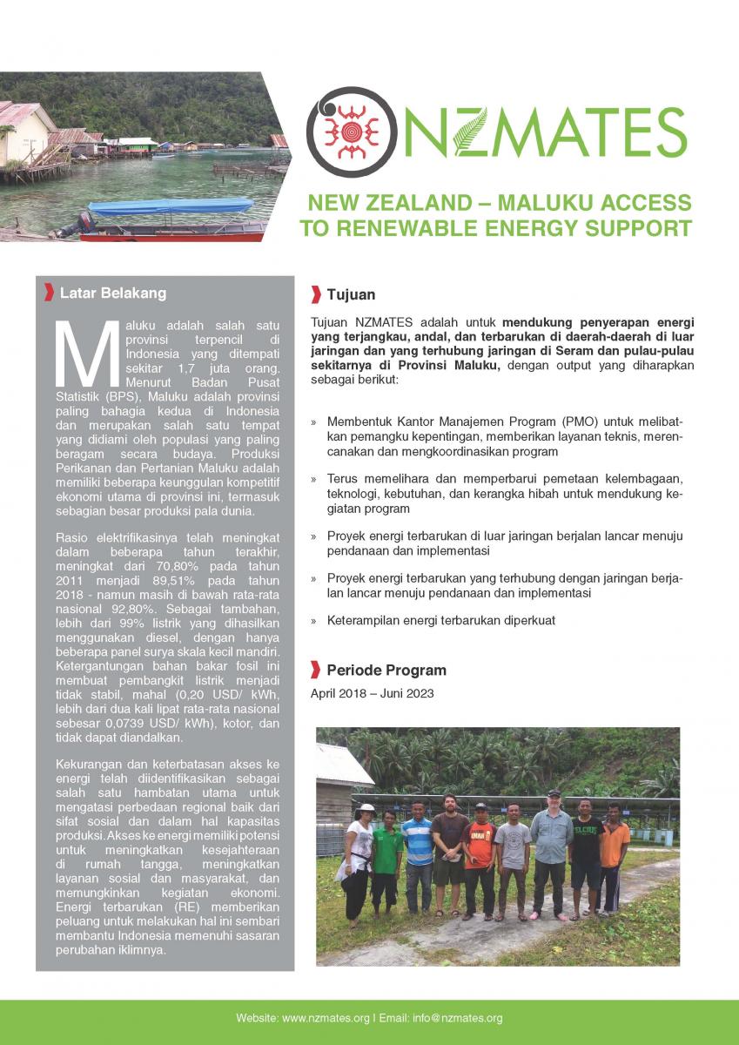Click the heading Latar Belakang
coord(112,293)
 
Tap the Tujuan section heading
coord(351,294)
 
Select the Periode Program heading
coord(386,670)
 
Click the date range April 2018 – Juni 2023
coord(372,694)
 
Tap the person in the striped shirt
coord(418,853)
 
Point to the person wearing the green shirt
coord(386,858)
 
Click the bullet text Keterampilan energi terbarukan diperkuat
coord(441,621)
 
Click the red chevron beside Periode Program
coord(315,670)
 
